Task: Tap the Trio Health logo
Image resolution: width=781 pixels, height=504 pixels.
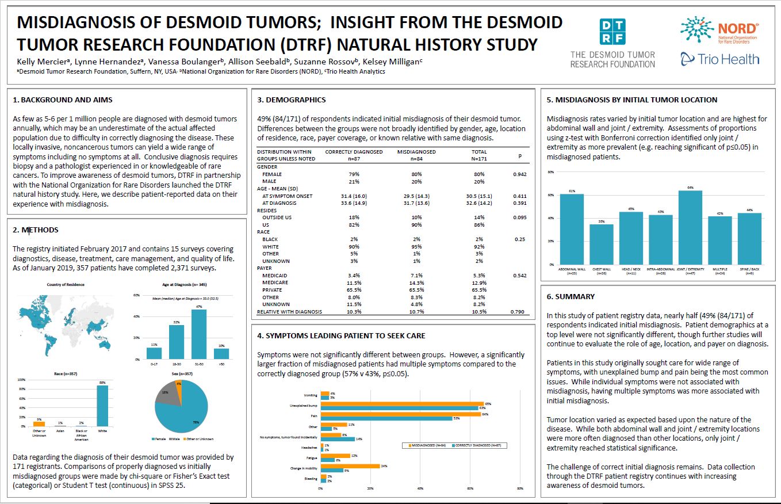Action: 719,58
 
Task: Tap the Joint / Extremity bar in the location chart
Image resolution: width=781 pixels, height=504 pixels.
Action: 690,227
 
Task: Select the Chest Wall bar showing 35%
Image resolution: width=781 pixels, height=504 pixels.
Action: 601,244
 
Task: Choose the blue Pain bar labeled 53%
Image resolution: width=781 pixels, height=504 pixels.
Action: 386,418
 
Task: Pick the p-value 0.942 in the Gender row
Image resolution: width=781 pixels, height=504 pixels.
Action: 520,174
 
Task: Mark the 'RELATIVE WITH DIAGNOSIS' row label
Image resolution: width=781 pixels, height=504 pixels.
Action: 289,312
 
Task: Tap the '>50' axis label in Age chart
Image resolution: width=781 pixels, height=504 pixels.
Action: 221,365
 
